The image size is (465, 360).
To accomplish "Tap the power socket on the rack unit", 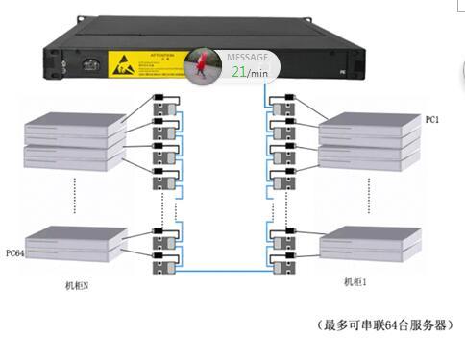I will click(x=92, y=67).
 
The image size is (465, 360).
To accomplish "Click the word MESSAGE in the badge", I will click(x=247, y=57).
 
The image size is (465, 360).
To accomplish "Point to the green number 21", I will click(x=239, y=71).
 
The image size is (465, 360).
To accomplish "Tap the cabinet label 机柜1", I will click(x=357, y=282).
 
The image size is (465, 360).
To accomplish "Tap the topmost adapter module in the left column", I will click(x=166, y=103).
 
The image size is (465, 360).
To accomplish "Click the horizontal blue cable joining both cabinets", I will click(x=225, y=274).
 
